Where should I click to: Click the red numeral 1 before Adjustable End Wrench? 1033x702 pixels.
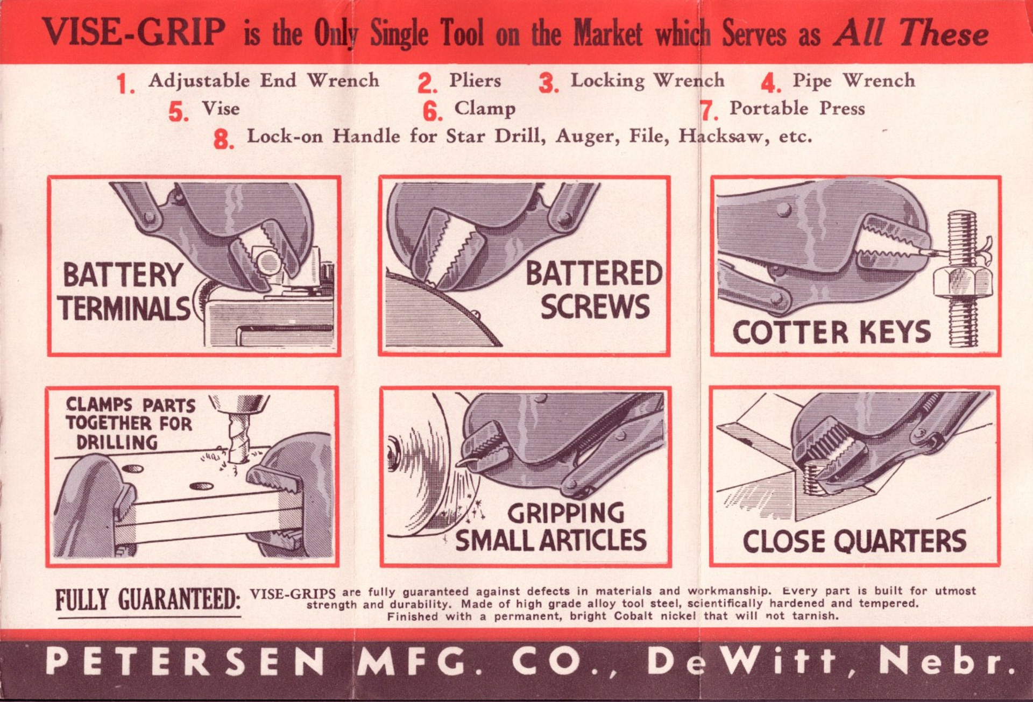(125, 84)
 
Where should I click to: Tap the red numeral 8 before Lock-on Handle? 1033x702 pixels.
(223, 139)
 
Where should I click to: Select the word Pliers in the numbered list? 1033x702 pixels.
(475, 80)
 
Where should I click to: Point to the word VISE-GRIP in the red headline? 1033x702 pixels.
(133, 32)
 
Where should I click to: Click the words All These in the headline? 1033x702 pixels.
(911, 33)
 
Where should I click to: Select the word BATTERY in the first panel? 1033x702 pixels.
(123, 275)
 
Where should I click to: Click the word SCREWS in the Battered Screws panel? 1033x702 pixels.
(595, 307)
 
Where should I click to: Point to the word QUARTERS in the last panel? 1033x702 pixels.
(902, 541)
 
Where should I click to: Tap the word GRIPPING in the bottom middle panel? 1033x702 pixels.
(566, 513)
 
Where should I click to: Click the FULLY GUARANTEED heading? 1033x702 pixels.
(148, 600)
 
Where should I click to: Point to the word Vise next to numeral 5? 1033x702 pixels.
(221, 108)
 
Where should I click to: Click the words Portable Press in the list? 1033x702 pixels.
(797, 108)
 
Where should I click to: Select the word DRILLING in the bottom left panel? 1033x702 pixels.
(117, 443)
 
